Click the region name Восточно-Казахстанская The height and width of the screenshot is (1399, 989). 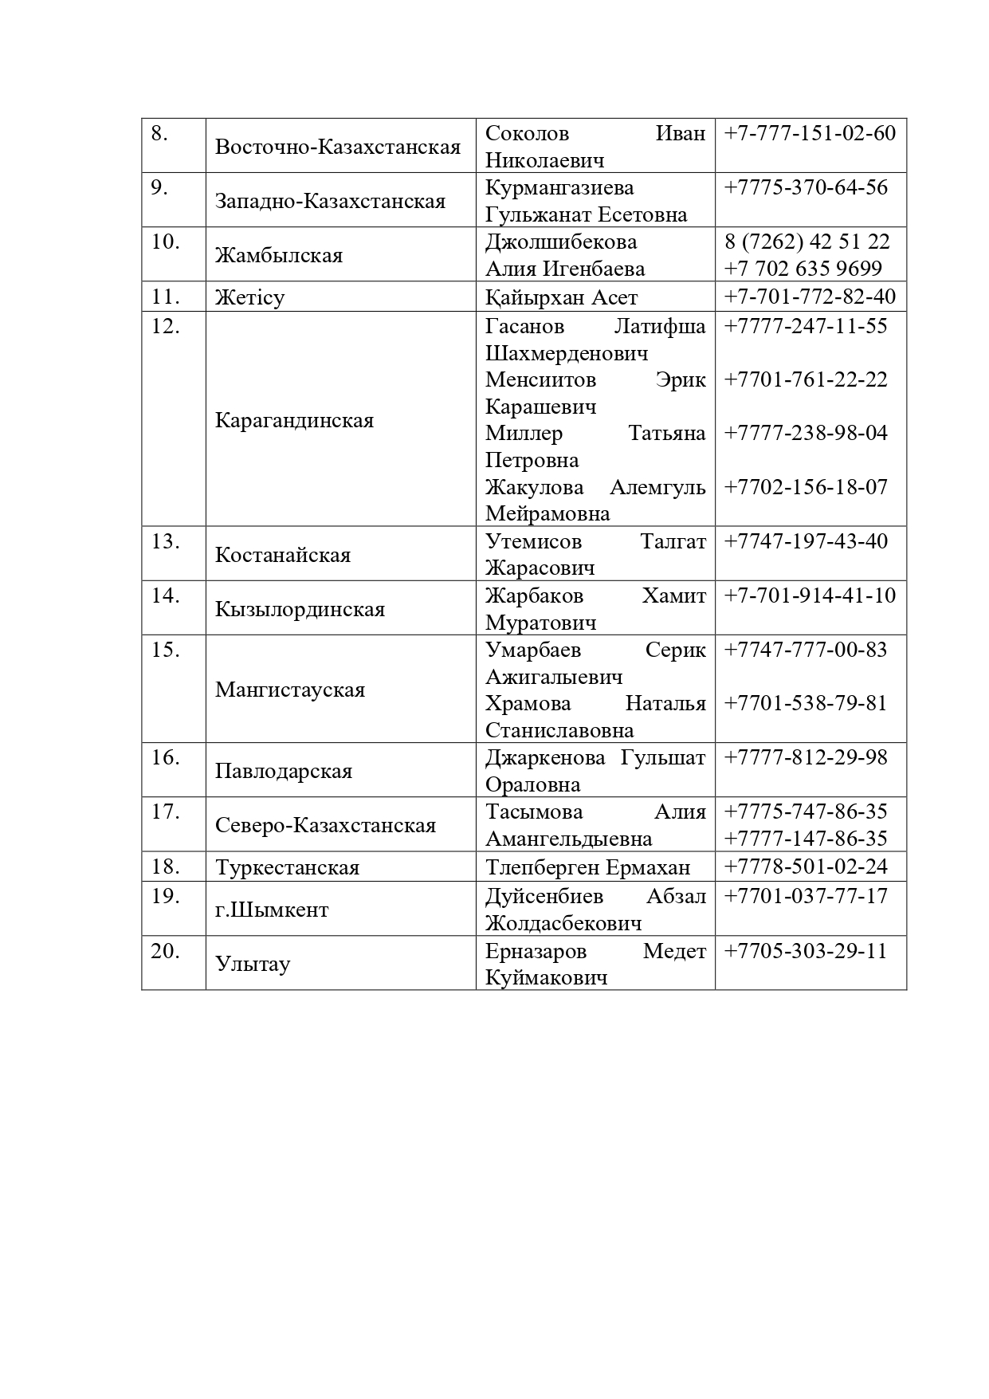338,147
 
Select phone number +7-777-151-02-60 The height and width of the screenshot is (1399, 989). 810,133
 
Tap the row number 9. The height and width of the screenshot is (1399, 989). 159,187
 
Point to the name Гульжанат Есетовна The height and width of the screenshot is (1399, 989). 586,214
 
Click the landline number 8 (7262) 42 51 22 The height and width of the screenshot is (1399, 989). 807,242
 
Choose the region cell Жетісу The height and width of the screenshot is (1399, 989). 249,297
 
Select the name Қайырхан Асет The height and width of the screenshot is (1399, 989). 561,297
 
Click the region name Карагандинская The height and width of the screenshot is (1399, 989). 294,420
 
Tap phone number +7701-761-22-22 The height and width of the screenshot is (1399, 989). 805,379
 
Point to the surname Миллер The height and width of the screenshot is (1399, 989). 524,433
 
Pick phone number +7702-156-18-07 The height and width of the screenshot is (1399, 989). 805,487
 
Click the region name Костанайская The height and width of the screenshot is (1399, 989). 283,555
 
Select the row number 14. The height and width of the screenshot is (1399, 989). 165,595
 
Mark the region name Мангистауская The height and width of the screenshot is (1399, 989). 290,690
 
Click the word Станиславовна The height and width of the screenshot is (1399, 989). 559,730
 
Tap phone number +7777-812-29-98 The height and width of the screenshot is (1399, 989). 805,757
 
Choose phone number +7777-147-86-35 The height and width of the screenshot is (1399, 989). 805,839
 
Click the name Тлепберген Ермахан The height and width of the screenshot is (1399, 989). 587,867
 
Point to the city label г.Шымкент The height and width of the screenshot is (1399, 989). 272,910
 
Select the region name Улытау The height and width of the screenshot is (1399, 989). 253,964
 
